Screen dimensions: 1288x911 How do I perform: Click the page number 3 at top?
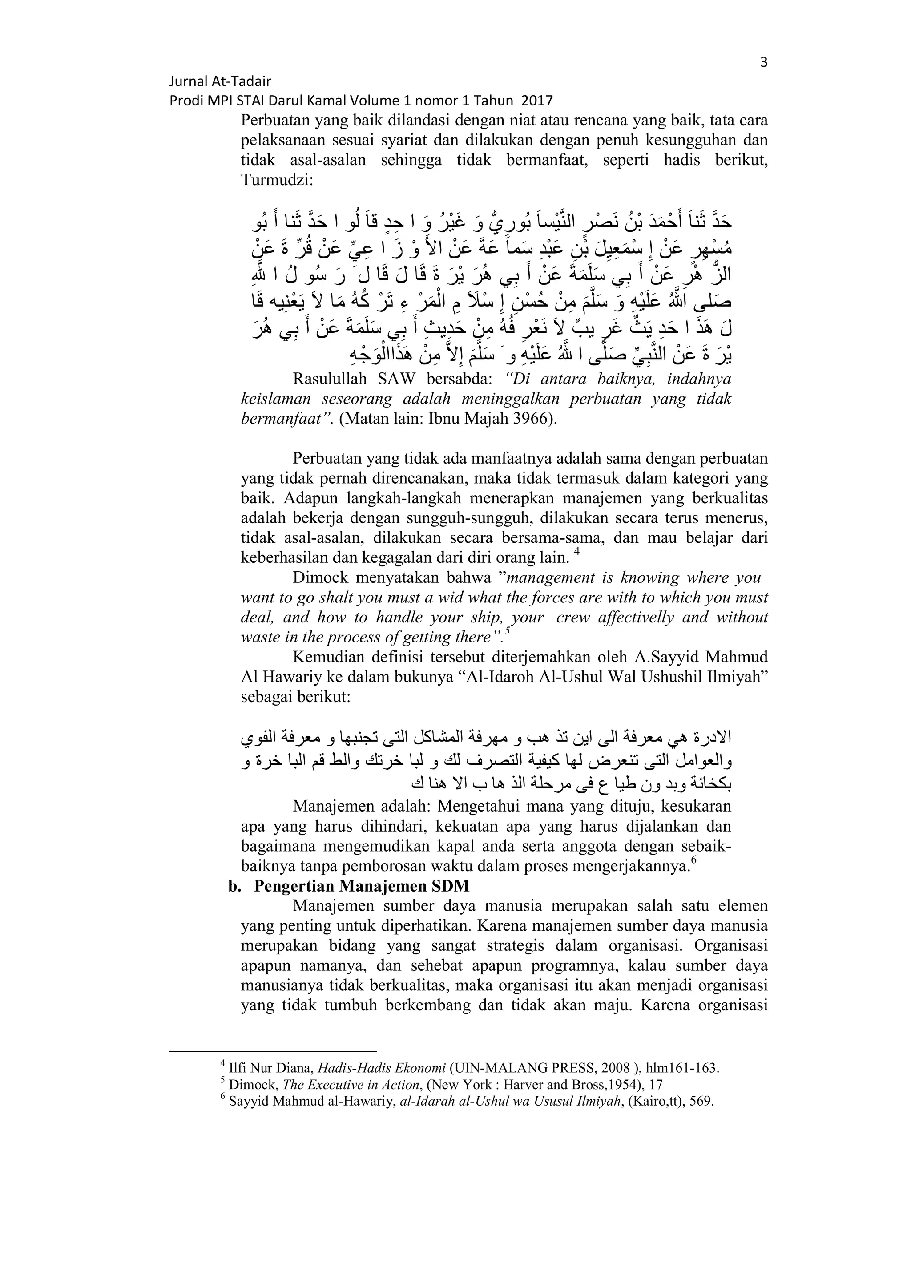pos(763,62)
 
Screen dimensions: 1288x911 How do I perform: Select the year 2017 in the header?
pos(537,101)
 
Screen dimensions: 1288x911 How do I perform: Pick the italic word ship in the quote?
pos(492,618)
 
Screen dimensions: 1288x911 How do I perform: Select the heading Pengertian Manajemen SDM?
pos(361,886)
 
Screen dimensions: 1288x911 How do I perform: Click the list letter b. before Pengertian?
pos(234,886)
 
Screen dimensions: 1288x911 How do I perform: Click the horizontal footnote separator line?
pos(273,1052)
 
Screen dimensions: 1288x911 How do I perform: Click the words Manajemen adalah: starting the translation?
pos(361,807)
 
